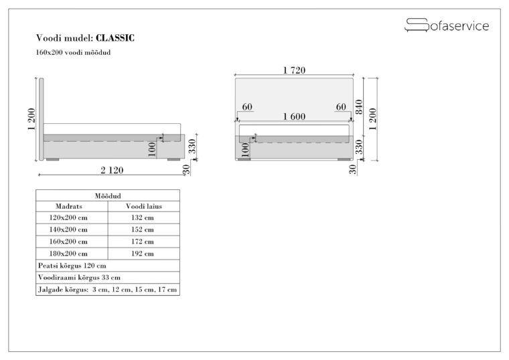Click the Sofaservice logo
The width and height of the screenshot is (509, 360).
447,25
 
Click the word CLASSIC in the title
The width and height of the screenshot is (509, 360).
115,38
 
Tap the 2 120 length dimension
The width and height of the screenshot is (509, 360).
112,170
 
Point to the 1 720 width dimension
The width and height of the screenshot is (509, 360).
294,70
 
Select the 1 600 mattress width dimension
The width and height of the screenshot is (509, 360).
294,116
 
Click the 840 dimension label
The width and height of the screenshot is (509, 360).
359,107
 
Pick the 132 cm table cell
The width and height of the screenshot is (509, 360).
143,217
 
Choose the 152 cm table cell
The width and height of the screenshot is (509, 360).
143,230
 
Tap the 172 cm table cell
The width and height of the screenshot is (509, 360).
143,242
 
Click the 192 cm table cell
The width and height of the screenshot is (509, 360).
143,254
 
